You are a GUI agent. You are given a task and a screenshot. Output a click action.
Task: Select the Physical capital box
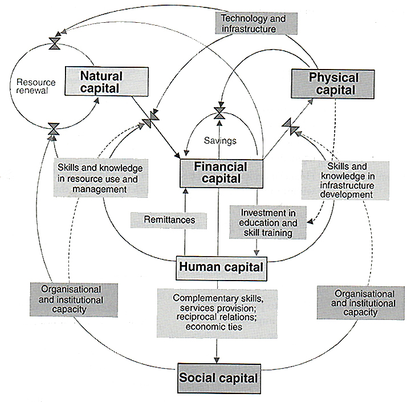(333, 83)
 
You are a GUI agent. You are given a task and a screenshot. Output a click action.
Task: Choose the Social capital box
(219, 377)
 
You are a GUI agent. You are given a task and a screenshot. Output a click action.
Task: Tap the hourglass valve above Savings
(219, 112)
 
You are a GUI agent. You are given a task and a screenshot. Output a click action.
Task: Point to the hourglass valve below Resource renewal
(54, 129)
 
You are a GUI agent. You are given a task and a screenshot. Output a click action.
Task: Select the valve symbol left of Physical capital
(290, 125)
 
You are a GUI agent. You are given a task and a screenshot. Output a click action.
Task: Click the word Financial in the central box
(221, 167)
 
